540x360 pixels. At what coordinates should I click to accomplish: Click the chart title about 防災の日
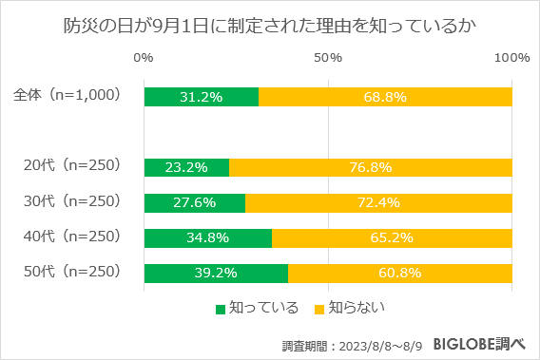coord(270,28)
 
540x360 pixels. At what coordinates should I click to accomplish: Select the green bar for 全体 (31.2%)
coord(201,97)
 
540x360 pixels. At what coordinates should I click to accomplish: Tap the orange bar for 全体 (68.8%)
coord(385,97)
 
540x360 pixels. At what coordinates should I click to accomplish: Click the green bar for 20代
coord(186,167)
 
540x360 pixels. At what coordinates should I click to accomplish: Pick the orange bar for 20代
coord(371,167)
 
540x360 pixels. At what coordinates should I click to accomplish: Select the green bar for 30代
coord(194,202)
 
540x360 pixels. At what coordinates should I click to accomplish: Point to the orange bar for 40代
coord(392,237)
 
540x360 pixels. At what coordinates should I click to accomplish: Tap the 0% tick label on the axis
coord(145,59)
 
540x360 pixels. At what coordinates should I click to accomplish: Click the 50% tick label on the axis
coord(328,59)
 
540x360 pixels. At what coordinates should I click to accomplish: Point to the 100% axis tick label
coord(511,59)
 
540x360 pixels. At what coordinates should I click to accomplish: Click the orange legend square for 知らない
coord(319,309)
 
